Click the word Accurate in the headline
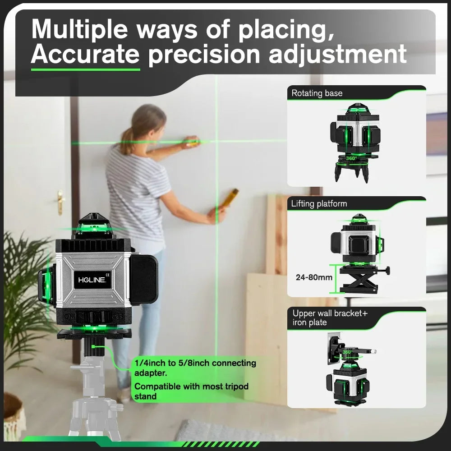pos(85,54)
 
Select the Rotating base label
pos(317,93)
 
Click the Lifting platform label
pos(319,203)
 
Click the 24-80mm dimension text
pos(314,277)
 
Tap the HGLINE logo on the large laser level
pos(92,280)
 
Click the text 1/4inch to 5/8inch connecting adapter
pos(195,368)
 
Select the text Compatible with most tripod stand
pos(191,391)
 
